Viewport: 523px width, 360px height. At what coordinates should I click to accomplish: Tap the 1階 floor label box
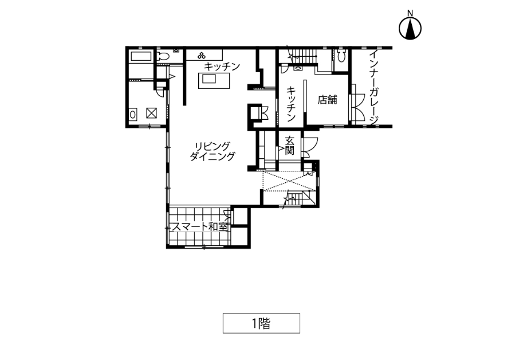(261, 323)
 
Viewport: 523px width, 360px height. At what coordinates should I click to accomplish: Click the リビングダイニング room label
(212, 151)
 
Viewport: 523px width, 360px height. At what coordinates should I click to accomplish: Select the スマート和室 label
(200, 227)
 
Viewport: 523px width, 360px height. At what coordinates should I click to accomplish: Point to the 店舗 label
(327, 99)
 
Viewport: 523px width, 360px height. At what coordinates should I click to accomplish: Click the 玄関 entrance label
(289, 146)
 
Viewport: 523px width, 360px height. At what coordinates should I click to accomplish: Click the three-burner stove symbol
(202, 56)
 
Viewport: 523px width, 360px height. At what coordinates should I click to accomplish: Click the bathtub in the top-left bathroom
(141, 56)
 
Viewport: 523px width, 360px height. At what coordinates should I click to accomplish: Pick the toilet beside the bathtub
(163, 56)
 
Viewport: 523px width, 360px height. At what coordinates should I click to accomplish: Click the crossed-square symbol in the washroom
(151, 114)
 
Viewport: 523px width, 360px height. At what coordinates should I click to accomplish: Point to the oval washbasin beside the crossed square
(133, 115)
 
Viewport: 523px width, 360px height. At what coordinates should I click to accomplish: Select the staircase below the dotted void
(299, 198)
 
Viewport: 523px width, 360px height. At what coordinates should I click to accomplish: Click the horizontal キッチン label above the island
(222, 66)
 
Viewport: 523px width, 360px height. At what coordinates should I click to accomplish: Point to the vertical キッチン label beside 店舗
(291, 104)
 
